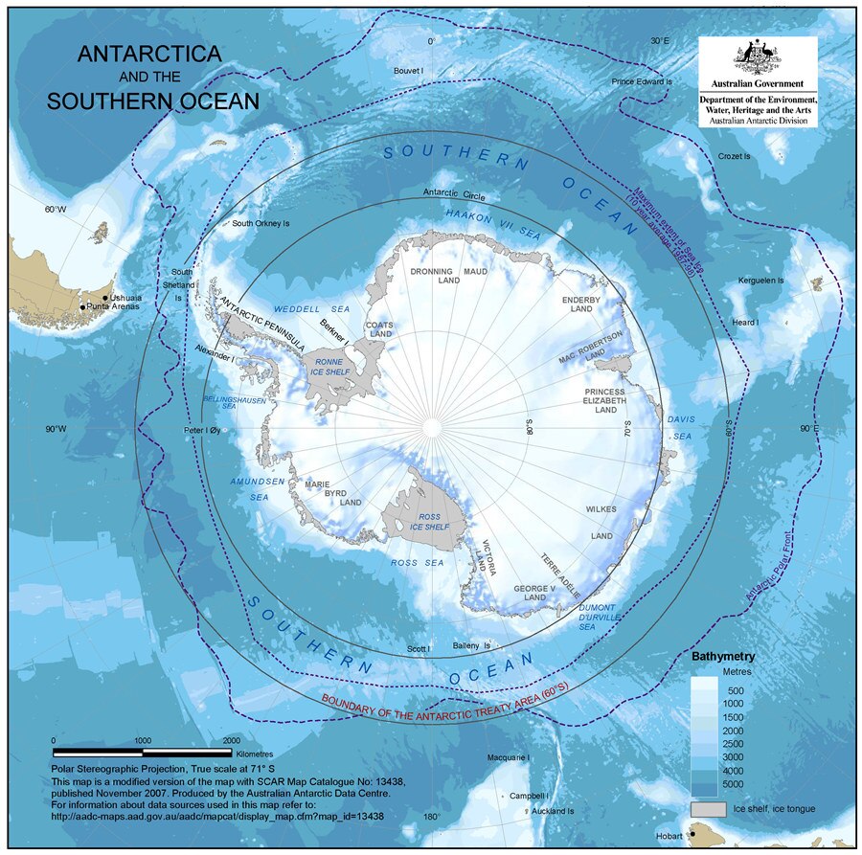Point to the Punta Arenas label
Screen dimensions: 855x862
coord(116,307)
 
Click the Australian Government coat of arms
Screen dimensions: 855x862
coord(758,59)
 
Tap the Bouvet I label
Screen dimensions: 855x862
coord(410,71)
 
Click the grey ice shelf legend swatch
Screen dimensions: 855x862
coord(708,809)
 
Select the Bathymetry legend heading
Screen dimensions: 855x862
coord(723,658)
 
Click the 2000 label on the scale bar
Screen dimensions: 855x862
coord(231,740)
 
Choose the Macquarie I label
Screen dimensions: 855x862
coord(509,757)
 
